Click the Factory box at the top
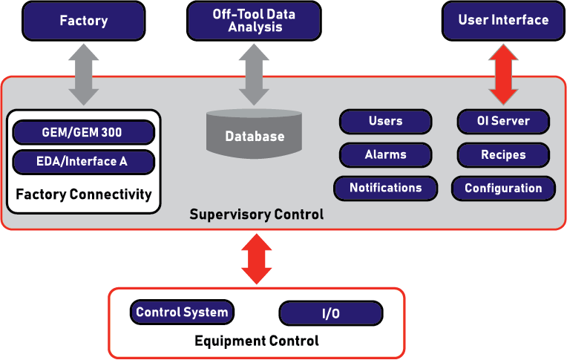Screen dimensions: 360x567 click(83, 21)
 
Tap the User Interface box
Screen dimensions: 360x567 click(503, 21)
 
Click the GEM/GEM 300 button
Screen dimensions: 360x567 click(83, 133)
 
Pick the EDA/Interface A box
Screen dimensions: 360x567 click(83, 162)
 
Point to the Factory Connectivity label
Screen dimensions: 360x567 click(83, 195)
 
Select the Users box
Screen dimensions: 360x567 click(385, 121)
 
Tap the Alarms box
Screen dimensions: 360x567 click(385, 154)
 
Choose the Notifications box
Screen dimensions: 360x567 click(385, 188)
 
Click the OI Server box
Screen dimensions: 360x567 click(503, 121)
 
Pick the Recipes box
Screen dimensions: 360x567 click(503, 154)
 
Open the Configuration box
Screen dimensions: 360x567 click(503, 188)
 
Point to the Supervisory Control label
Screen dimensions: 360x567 click(257, 215)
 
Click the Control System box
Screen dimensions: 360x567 click(182, 312)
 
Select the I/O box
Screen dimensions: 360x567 click(331, 313)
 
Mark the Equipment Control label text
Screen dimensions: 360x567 click(257, 341)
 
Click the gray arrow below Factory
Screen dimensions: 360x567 click(83, 73)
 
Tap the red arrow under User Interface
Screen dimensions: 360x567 click(503, 73)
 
